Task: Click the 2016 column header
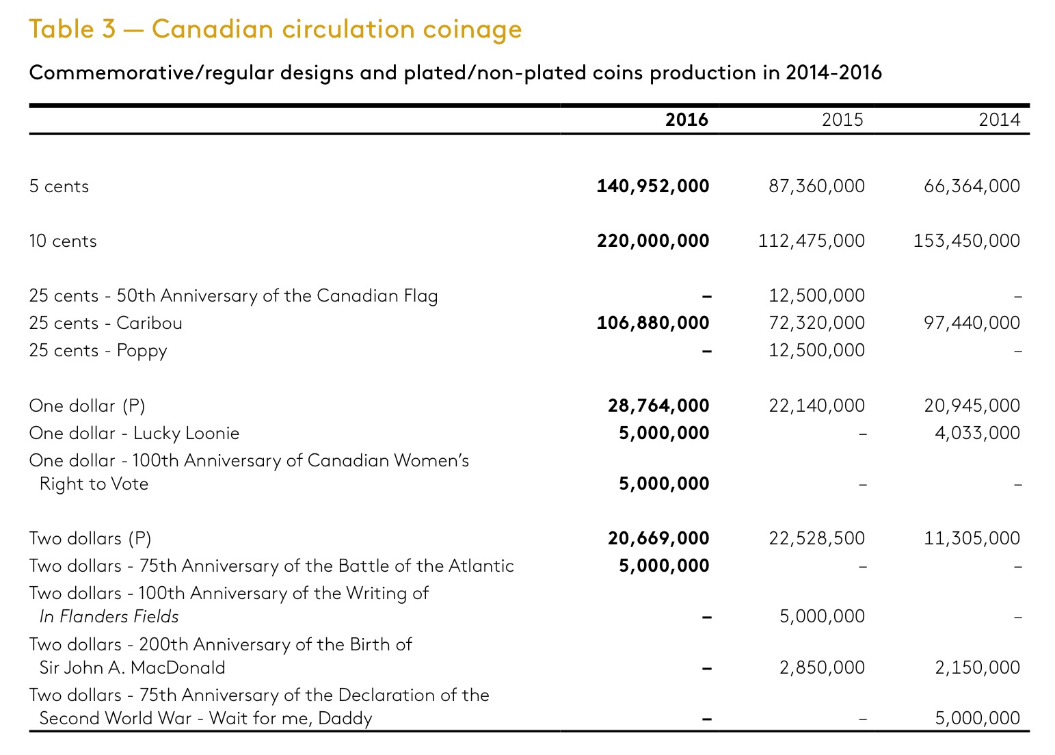click(686, 120)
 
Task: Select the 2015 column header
click(842, 120)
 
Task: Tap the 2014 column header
click(1000, 120)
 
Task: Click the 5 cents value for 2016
click(653, 186)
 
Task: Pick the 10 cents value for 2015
click(811, 241)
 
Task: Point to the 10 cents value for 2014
click(966, 241)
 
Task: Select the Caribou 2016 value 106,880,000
click(653, 323)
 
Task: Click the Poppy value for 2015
click(816, 350)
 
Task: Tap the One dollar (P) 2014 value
click(972, 405)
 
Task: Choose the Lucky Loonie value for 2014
click(977, 432)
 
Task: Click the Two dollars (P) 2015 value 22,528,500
click(816, 538)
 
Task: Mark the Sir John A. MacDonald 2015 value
click(822, 667)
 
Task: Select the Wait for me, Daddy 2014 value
click(977, 718)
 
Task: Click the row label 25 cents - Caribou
click(105, 323)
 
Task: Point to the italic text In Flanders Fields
click(109, 616)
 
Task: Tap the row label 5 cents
click(59, 186)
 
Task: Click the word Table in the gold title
click(62, 29)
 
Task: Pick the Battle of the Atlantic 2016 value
click(664, 565)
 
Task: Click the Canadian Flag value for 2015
click(816, 295)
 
